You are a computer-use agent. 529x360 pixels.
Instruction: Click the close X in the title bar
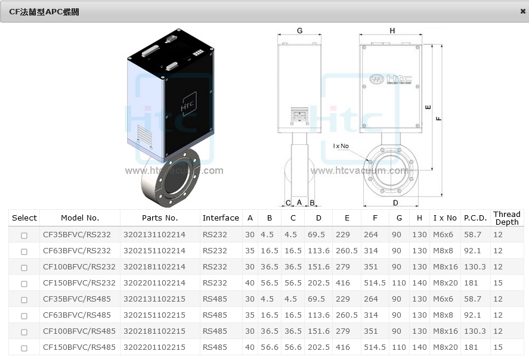pos(522,11)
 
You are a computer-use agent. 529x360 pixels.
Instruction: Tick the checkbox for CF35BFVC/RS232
pos(24,235)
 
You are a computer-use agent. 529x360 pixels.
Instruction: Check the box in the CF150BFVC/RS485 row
pos(24,348)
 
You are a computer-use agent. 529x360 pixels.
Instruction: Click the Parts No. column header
pos(160,218)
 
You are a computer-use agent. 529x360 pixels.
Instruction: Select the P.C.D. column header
pos(475,218)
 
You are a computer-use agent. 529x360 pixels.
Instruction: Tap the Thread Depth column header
pos(507,218)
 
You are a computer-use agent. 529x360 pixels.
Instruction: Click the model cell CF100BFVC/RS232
pos(79,266)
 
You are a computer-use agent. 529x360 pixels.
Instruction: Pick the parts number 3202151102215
pos(154,315)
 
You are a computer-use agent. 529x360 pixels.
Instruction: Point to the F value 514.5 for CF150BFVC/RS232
pos(375,283)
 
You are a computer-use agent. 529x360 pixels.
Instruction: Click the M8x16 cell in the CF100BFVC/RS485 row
pos(446,331)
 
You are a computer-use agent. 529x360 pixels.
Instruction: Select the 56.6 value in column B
pos(269,347)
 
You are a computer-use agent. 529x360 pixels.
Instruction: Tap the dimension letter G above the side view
pos(299,30)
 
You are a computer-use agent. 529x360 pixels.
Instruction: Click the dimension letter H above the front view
pos(392,30)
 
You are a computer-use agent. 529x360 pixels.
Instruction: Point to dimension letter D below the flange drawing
pos(395,203)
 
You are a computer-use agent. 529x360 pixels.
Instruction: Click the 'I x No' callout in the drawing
pos(341,146)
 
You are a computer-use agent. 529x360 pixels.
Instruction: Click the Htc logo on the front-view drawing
pos(391,79)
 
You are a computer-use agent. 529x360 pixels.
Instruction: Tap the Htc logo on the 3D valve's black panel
pos(188,104)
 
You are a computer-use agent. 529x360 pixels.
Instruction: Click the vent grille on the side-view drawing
pos(299,116)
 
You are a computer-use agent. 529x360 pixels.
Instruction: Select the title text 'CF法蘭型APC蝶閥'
pos(44,12)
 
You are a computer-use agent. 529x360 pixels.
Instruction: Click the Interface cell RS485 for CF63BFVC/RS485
pos(215,315)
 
